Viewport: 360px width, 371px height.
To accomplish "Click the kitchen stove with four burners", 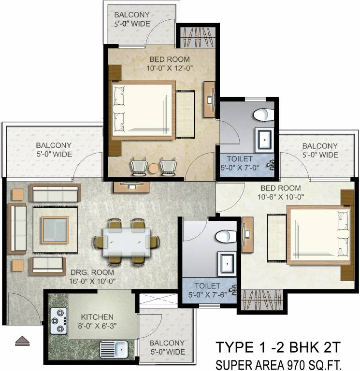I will point(58,320).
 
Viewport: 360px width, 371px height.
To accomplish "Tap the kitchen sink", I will point(114,348).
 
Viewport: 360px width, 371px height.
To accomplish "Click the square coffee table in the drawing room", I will point(54,230).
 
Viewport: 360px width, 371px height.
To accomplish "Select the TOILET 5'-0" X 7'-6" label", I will point(208,290).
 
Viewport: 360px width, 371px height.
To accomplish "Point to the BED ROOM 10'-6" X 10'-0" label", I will point(280,192).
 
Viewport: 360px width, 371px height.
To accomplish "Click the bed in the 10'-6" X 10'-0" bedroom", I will point(319,235).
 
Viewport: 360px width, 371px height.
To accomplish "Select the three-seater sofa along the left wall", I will point(18,228).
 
